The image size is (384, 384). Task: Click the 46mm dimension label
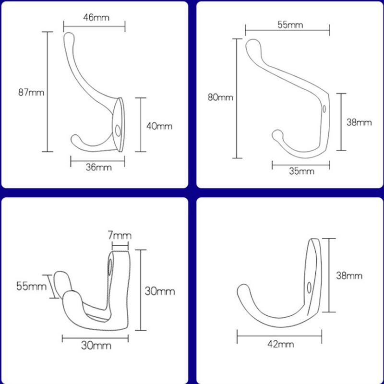click(x=96, y=18)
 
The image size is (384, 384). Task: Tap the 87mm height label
click(x=31, y=92)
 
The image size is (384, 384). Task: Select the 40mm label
click(x=159, y=126)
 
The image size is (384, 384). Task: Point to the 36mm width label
click(x=99, y=167)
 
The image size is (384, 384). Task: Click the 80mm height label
click(x=220, y=97)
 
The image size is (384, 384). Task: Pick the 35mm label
click(x=302, y=171)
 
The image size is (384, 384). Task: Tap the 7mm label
click(x=120, y=236)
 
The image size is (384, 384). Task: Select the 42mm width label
click(x=281, y=344)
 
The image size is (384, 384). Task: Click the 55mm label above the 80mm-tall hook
click(x=290, y=25)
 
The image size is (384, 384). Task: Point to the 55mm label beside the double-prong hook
click(x=31, y=286)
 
